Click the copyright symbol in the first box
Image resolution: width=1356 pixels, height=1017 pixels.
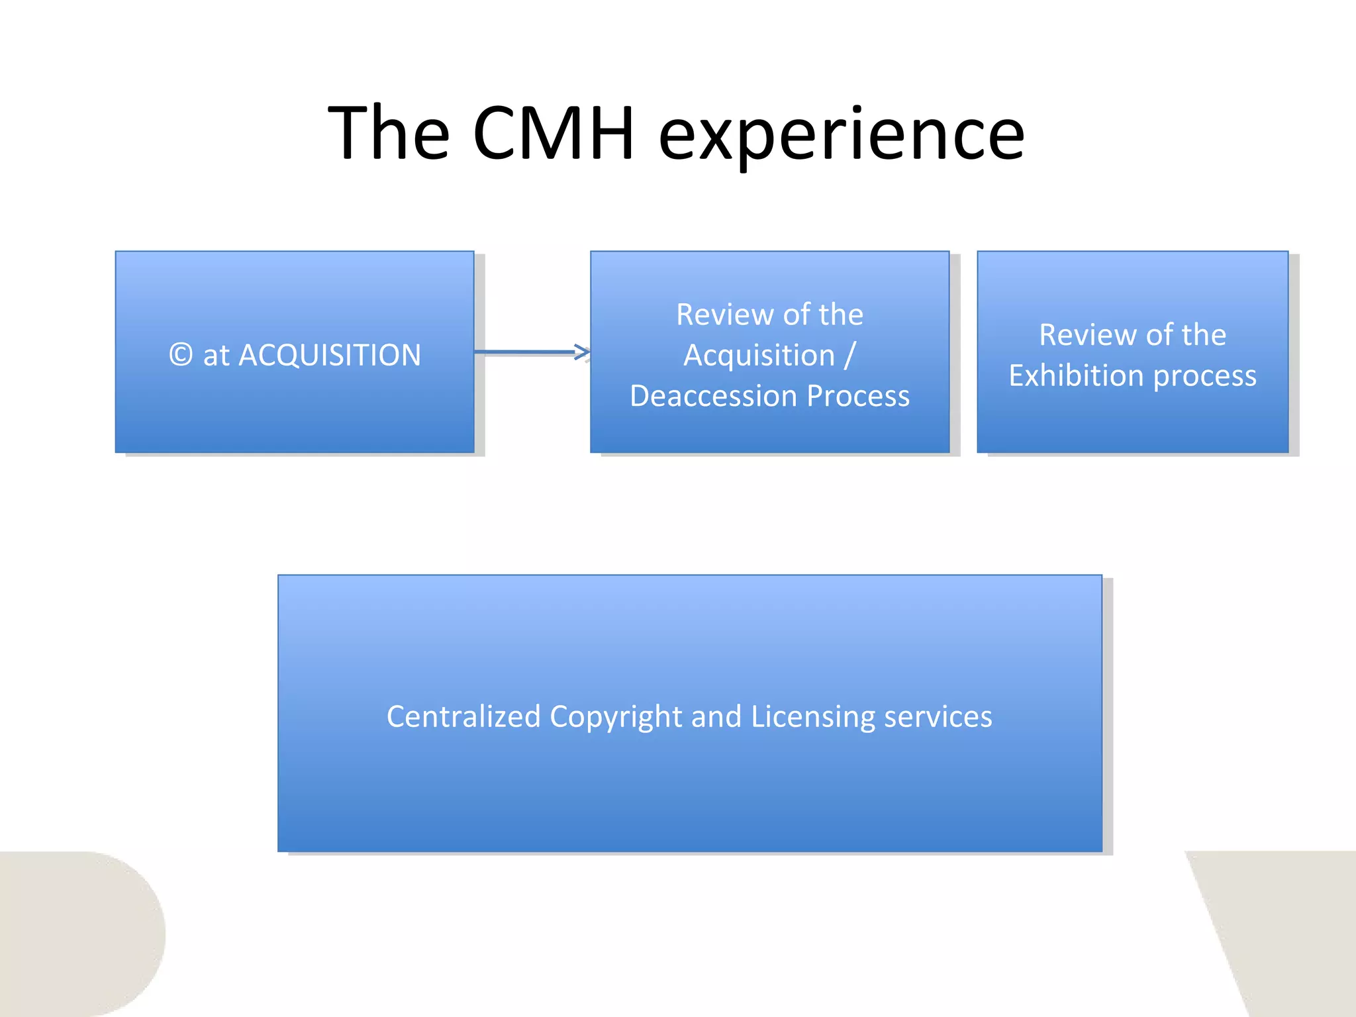[x=181, y=355]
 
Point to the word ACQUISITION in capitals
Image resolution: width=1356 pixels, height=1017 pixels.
[x=329, y=355]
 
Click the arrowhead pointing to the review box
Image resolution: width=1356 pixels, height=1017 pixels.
[x=583, y=352]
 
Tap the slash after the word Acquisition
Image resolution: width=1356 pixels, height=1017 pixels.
[x=849, y=356]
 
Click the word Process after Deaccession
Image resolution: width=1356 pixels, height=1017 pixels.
[x=858, y=396]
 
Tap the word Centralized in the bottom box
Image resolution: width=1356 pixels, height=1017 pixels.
[x=463, y=716]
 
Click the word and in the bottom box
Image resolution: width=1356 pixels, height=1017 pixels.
[x=716, y=716]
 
